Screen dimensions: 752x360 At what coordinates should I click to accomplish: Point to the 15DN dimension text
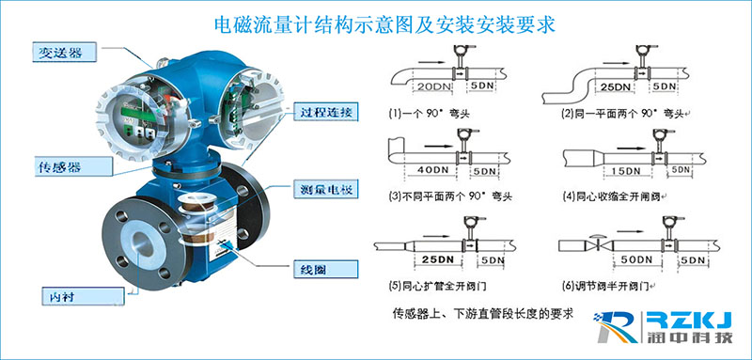621,170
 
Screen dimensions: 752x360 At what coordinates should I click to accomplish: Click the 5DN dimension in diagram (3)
487,170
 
